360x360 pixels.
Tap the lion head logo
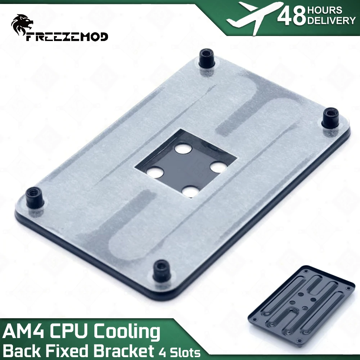pyautogui.click(x=22, y=24)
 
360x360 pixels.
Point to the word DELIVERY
pyautogui.click(x=331, y=21)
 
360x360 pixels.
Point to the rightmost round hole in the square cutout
pyautogui.click(x=217, y=167)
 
